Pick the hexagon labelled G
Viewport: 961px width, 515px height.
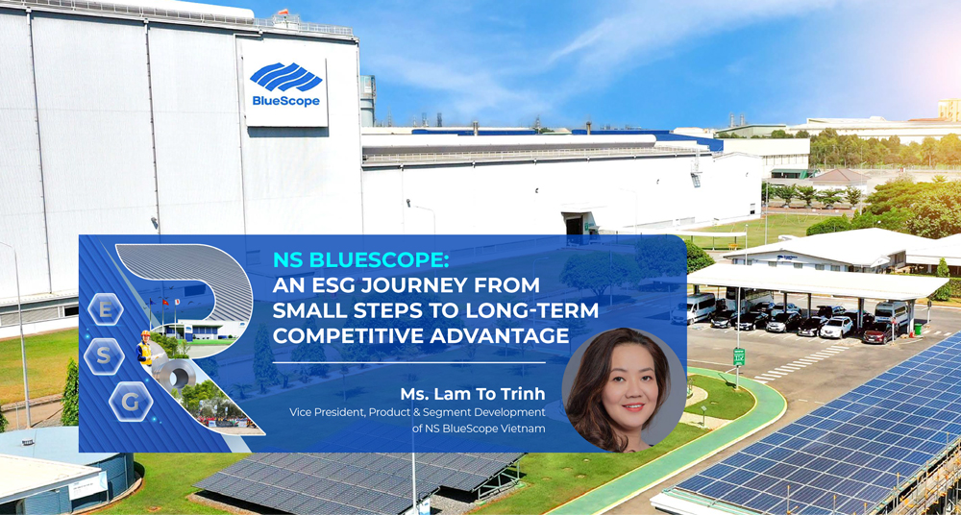point(130,401)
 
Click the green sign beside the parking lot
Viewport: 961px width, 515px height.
point(739,356)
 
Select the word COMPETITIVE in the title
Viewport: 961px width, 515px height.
point(336,335)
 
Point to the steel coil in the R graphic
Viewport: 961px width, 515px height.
point(178,376)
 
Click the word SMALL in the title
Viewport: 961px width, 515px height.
point(307,310)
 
